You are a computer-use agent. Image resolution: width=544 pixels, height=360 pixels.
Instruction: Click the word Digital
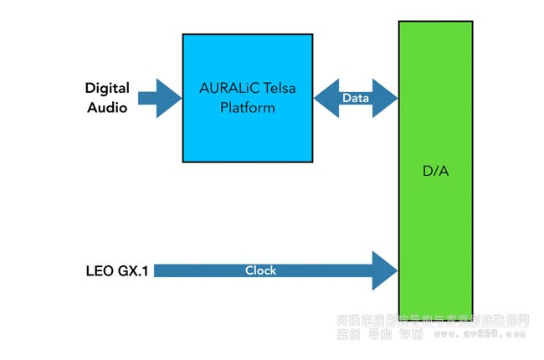(106, 87)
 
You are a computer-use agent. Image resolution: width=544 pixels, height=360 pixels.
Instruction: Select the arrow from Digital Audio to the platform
(158, 98)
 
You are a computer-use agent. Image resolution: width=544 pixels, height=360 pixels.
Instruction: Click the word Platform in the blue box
(247, 108)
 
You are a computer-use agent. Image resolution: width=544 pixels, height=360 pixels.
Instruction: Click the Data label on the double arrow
(355, 98)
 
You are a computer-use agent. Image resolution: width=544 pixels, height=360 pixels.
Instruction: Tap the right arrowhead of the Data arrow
(387, 98)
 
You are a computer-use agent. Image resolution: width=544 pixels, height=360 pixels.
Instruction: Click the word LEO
(100, 271)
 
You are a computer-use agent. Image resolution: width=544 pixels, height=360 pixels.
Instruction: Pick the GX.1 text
(132, 271)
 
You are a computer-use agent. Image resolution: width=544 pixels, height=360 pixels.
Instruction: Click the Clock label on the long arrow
(260, 270)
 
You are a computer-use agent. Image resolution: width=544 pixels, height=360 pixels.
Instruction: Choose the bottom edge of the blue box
(248, 161)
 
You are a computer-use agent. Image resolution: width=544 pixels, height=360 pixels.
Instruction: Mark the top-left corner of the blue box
(183, 34)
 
